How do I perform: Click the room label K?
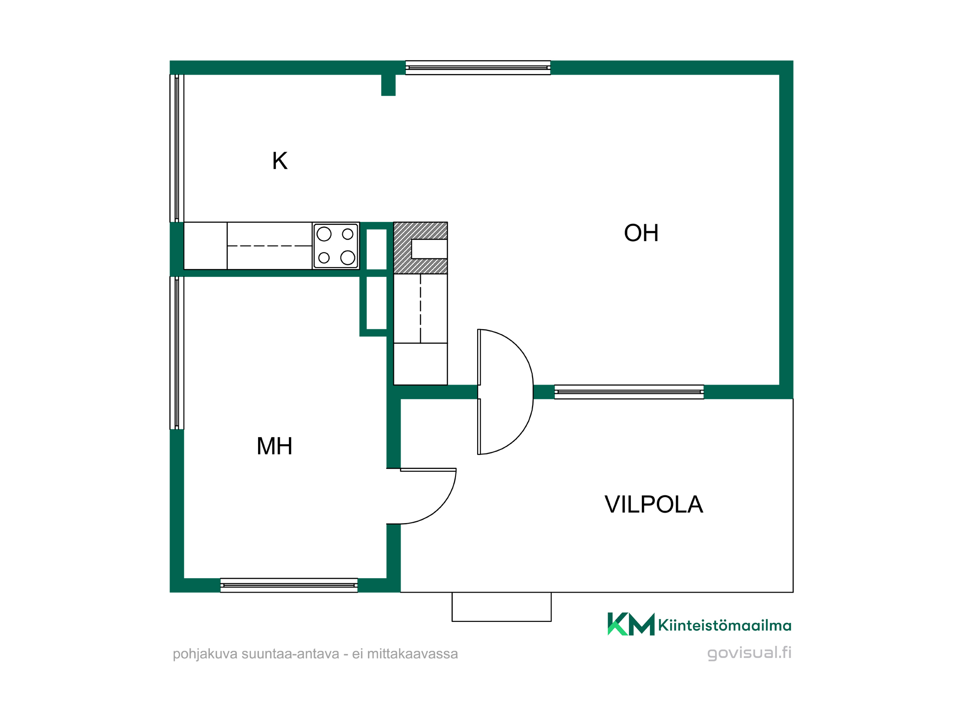coord(280,161)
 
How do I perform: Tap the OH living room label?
coord(641,233)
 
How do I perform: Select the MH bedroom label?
coord(274,446)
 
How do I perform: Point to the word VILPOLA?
coord(654,504)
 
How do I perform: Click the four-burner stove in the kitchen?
coord(336,246)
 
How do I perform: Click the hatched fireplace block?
coord(420,248)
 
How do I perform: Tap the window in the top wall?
coord(478,68)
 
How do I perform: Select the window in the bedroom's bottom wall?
coord(289,585)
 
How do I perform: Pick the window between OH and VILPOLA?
coord(629,392)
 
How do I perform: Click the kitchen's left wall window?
coord(177,148)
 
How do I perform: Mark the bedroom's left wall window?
coord(177,353)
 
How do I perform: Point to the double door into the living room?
coord(506,392)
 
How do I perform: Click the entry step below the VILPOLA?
coord(501,607)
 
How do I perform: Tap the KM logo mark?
coord(631,624)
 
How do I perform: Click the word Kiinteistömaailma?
coord(725,625)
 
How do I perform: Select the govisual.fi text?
coord(749,653)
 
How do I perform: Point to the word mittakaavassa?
coord(412,654)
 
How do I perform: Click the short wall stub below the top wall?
coord(389,85)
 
